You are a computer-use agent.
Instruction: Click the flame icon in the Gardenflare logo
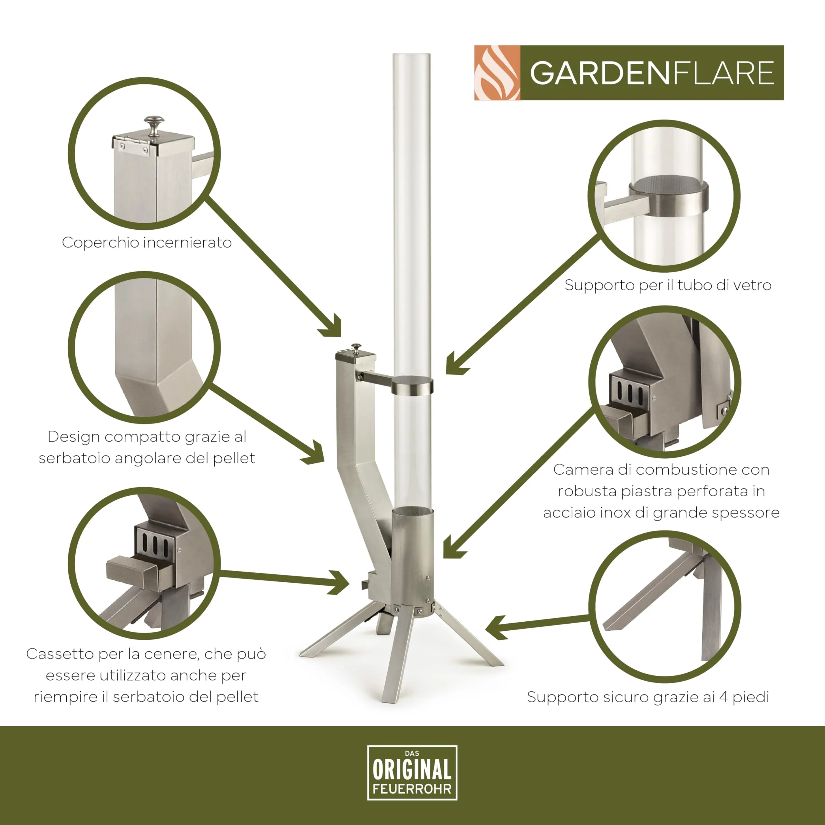tap(497, 73)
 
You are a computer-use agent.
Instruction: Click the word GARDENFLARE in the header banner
tap(652, 73)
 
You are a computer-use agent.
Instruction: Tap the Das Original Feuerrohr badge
tap(412, 772)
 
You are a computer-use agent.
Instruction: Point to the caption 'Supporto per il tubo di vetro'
tap(668, 285)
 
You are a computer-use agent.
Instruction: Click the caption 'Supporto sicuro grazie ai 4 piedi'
tap(648, 697)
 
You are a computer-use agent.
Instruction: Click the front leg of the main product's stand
tap(397, 658)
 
